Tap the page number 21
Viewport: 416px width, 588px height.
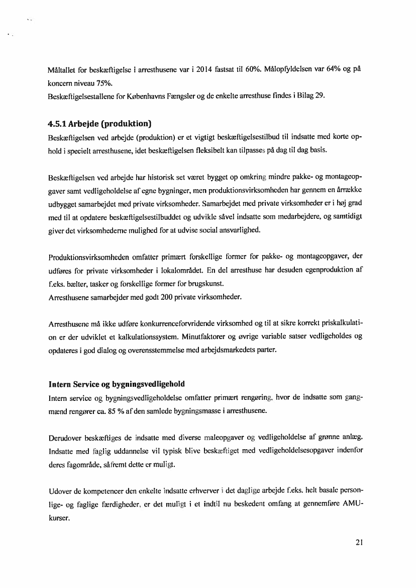pyautogui.click(x=358, y=543)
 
